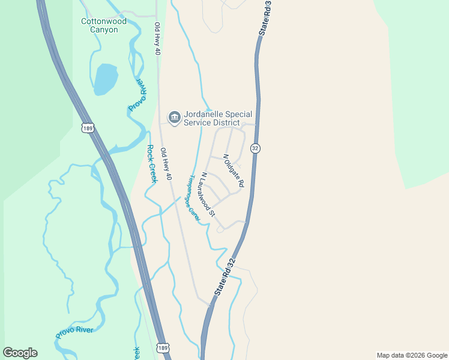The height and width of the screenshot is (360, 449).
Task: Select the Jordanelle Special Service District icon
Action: (x=174, y=116)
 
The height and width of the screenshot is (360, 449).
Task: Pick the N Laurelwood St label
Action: (x=208, y=194)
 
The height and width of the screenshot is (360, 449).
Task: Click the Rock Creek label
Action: (x=152, y=164)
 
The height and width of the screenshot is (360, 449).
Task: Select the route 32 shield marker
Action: (x=255, y=148)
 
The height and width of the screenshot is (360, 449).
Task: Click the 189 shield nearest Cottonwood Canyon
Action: (x=87, y=128)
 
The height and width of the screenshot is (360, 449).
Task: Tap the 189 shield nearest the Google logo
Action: (x=163, y=347)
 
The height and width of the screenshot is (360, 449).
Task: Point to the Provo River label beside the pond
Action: (x=137, y=94)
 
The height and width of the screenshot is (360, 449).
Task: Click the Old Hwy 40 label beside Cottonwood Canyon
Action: (x=157, y=39)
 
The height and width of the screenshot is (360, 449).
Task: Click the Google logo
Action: (x=20, y=353)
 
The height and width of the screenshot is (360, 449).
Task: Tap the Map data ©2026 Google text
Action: (x=412, y=355)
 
